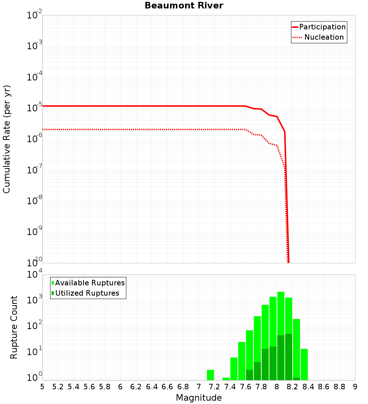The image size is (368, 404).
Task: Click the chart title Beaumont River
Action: (184, 6)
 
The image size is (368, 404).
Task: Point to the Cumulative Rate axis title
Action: (7, 139)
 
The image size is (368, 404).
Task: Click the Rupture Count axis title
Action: (14, 327)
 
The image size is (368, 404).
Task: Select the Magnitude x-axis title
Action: (199, 398)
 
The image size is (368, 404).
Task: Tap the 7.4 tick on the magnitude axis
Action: (230, 387)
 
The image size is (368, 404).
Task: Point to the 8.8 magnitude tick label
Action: (339, 387)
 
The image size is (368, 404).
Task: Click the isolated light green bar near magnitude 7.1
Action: (210, 375)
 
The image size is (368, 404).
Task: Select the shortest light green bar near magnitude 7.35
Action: (226, 379)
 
